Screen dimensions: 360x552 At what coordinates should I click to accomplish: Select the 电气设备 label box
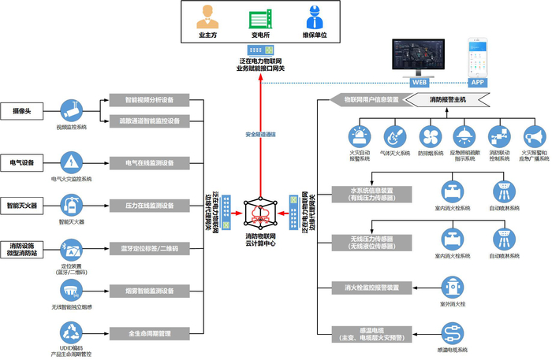[22, 163]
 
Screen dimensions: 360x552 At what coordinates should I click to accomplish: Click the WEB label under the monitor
[420, 81]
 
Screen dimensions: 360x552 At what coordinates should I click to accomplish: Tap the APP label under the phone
[477, 81]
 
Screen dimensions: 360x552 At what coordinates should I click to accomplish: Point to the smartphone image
[478, 56]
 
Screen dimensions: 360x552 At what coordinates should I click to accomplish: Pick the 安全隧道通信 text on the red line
[260, 134]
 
